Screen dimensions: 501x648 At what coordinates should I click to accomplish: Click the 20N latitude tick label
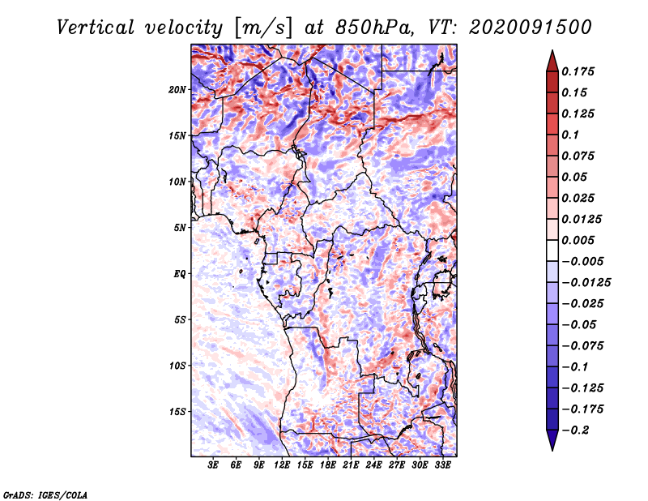(x=177, y=89)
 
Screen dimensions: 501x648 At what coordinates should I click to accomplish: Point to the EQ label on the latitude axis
(x=180, y=274)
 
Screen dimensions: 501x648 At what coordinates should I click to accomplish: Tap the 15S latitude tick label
(x=177, y=412)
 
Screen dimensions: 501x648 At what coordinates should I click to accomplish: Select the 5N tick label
(x=180, y=228)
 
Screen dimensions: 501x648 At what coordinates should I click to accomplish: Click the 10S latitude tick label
(x=177, y=366)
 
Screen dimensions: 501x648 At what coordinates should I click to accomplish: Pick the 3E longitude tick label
(x=214, y=466)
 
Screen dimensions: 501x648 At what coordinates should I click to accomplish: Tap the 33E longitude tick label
(x=442, y=466)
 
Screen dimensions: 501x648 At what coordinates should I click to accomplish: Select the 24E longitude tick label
(x=373, y=466)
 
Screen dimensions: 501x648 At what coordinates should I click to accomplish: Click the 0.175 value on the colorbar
(x=582, y=71)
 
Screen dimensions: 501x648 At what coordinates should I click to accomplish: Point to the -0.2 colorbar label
(x=582, y=430)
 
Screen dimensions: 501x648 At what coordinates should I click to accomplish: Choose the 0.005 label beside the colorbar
(x=582, y=240)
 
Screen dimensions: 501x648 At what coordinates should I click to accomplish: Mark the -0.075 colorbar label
(x=586, y=345)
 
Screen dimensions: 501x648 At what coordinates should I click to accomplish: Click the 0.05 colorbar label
(x=578, y=177)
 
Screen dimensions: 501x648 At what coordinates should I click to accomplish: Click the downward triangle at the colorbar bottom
(x=552, y=441)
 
